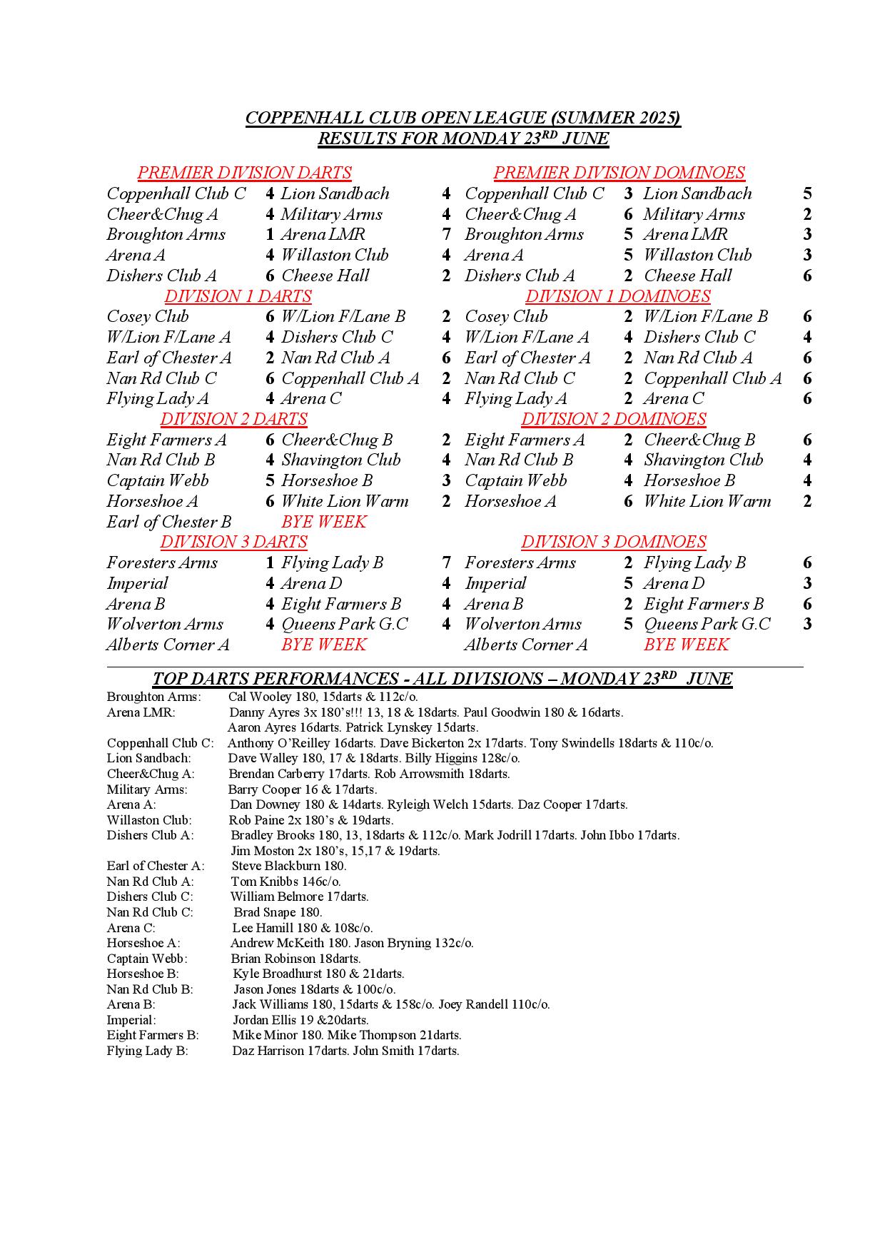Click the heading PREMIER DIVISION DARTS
[x=244, y=173]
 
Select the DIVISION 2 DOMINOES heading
[x=613, y=419]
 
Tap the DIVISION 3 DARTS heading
[x=233, y=542]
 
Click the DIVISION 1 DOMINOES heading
[x=617, y=296]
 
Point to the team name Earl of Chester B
[x=169, y=522]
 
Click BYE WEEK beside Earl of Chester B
[x=323, y=522]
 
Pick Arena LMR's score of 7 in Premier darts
[x=446, y=234]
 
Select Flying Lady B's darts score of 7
[x=446, y=562]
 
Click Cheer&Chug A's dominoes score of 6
[x=628, y=214]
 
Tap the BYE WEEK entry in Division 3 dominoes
[x=686, y=645]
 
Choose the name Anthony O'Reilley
[x=270, y=743]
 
